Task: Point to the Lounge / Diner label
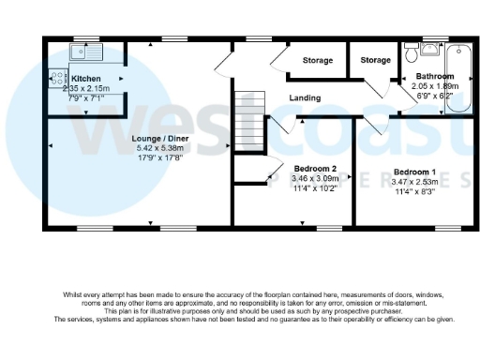143,137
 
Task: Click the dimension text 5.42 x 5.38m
143,147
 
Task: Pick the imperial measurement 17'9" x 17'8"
143,157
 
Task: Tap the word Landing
305,97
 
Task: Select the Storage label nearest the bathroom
376,61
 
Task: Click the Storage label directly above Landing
317,61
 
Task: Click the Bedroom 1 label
413,172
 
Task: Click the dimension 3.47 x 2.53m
413,183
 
